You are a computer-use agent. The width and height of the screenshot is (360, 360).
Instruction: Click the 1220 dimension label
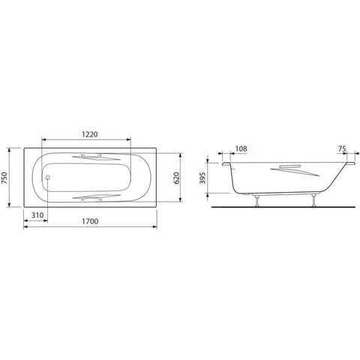pos(90,134)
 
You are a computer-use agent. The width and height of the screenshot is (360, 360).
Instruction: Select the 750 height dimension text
pos(4,178)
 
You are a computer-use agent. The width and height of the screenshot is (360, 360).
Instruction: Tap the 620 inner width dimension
pos(176,178)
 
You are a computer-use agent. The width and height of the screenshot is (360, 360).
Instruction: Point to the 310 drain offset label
pos(37,215)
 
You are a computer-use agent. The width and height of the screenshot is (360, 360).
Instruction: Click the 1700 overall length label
pos(90,221)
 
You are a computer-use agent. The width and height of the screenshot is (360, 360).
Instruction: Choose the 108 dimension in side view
pos(241,148)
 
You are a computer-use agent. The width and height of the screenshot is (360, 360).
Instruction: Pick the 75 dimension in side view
pos(342,148)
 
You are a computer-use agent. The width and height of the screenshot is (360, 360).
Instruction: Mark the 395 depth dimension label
pos(202,178)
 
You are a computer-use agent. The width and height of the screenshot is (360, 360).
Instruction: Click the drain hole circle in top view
pos(47,178)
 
